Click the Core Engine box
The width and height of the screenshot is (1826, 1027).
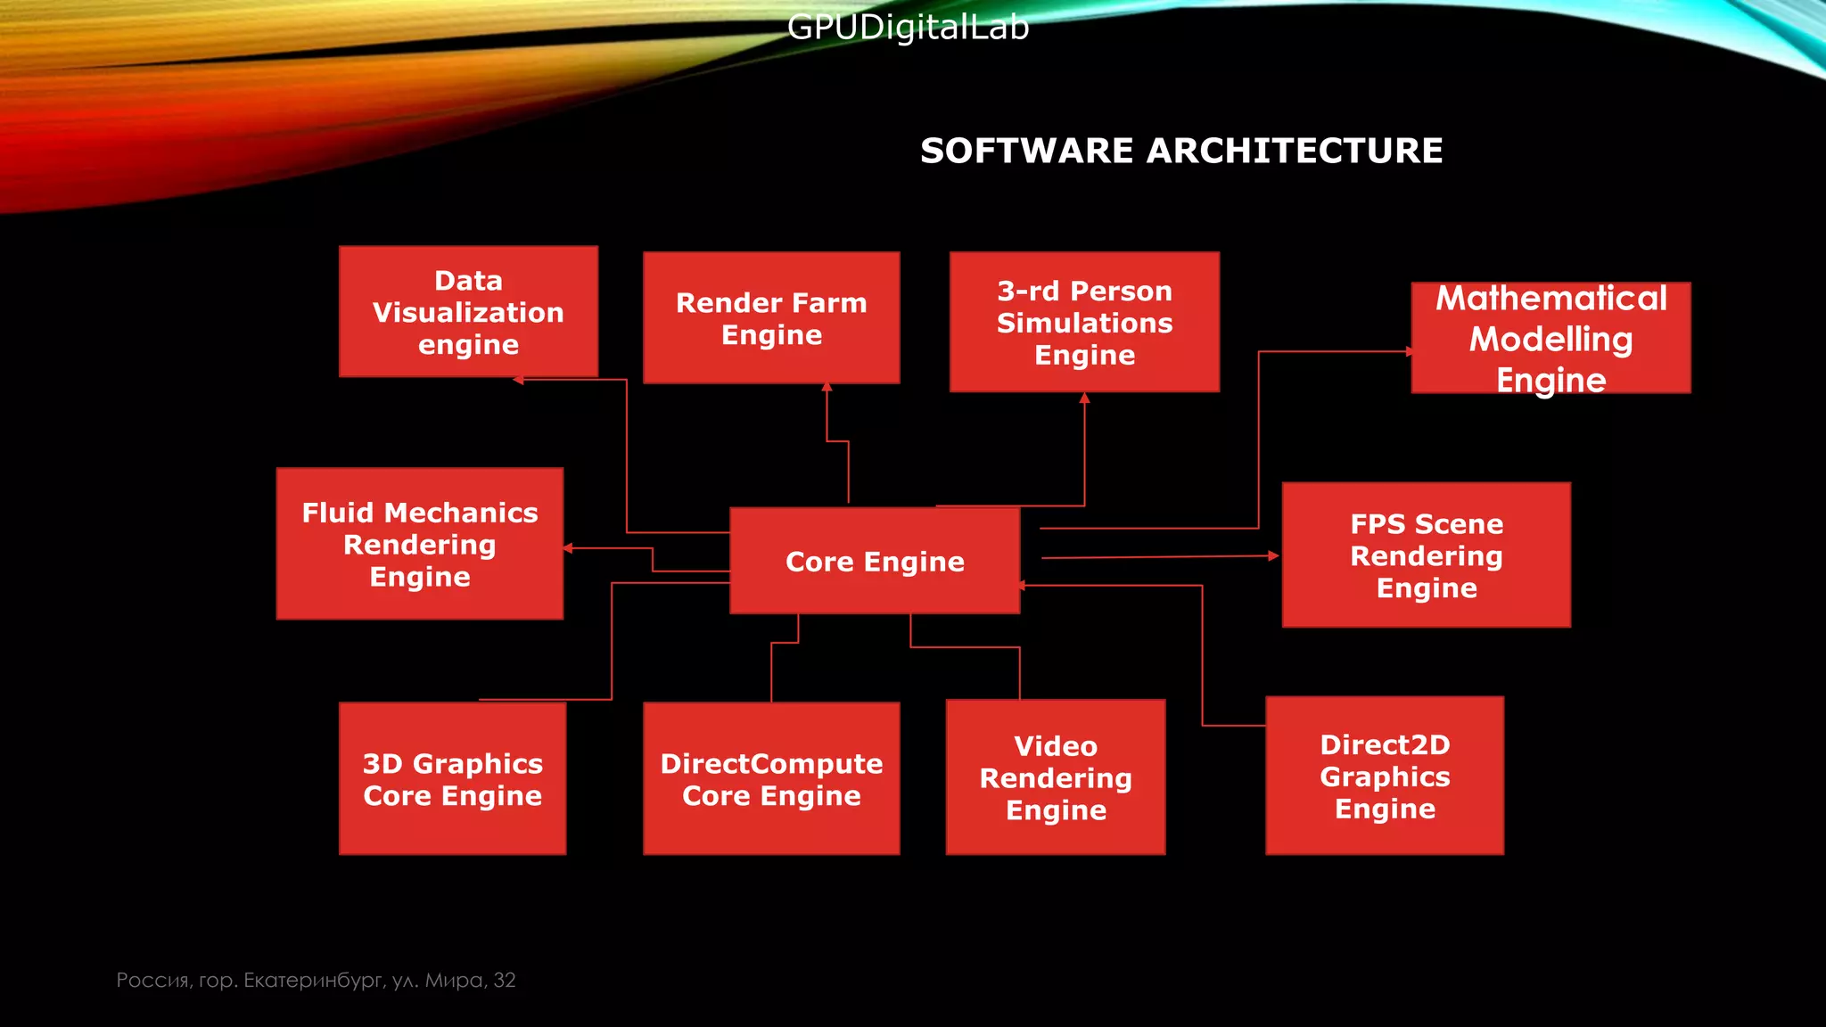(875, 561)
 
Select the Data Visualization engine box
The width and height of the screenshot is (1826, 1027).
(468, 312)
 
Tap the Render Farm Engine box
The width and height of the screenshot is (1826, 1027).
(771, 318)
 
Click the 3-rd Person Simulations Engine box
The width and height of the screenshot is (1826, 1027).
(1084, 322)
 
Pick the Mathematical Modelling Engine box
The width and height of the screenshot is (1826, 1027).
(1550, 338)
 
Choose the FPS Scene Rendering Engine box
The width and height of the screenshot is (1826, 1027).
(1426, 555)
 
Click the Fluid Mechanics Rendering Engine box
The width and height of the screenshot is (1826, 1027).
(419, 544)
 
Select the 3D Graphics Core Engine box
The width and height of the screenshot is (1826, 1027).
(452, 778)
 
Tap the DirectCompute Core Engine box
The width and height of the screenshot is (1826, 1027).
(771, 778)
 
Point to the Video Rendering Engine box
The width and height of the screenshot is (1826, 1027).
(1056, 777)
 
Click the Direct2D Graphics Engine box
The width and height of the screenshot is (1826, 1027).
(1385, 776)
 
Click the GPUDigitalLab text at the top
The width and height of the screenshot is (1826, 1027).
(908, 28)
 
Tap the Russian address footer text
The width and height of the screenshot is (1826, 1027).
(316, 980)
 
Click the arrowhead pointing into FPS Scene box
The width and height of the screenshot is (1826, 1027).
(1274, 555)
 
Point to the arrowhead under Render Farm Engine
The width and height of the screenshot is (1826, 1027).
(827, 387)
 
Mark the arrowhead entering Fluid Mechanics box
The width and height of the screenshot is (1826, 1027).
(568, 548)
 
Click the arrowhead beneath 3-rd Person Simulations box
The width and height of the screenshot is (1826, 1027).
(1084, 398)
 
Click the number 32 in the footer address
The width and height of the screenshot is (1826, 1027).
(505, 980)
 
